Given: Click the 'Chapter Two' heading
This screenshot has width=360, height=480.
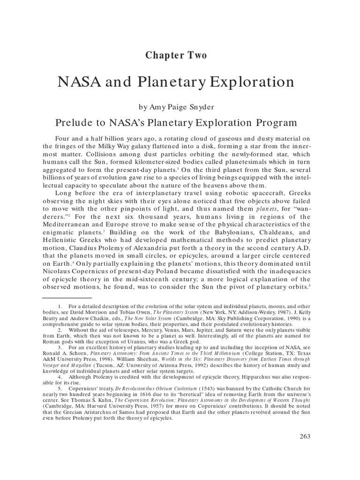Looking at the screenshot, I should [176, 55].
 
